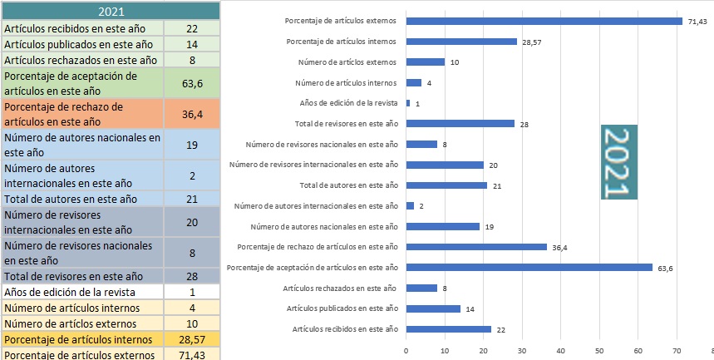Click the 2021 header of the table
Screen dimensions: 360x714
point(111,11)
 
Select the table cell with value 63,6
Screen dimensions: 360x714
point(193,83)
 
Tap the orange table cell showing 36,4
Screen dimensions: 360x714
point(193,115)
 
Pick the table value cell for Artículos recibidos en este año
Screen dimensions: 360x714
point(193,28)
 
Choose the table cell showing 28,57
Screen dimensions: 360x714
point(193,339)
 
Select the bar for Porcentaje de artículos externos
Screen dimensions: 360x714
point(544,21)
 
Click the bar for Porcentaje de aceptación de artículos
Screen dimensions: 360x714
point(529,267)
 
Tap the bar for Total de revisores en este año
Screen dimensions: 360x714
point(460,123)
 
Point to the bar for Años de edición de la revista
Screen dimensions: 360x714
point(408,103)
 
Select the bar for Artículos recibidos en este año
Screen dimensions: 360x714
point(448,329)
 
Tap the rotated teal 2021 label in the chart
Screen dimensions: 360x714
point(618,162)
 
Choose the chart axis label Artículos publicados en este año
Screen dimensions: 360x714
point(342,308)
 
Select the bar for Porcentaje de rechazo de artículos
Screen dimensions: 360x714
point(476,247)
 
